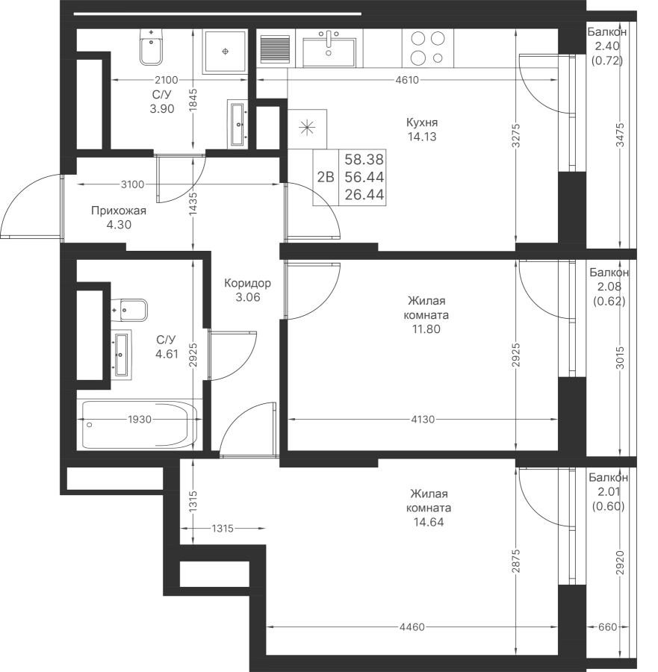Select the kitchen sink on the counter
point(329,48)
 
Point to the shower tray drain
point(226,50)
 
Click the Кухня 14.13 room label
point(422,130)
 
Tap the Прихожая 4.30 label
point(118,217)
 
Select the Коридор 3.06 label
point(247,290)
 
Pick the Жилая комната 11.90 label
point(428,314)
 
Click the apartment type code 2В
point(326,177)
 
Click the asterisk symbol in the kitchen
point(306,127)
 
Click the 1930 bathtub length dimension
point(139,420)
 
